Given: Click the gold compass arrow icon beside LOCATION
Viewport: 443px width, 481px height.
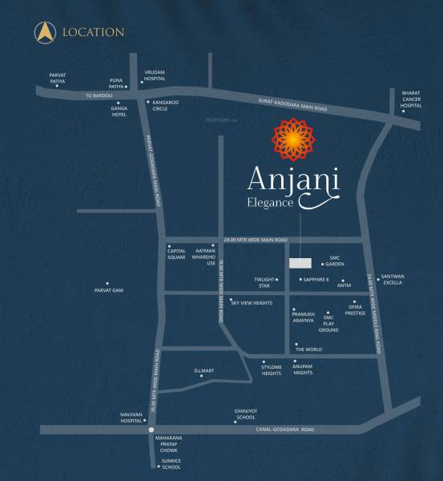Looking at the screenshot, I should click(x=43, y=32).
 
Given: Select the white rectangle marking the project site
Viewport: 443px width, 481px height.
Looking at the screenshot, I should click(x=299, y=263).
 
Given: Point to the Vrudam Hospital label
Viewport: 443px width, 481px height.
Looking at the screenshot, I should click(x=154, y=75).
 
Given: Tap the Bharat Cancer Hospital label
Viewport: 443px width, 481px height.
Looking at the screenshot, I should click(x=410, y=99).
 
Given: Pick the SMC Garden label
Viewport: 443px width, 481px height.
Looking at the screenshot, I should click(x=335, y=261).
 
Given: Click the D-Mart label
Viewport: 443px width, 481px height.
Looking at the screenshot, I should click(x=203, y=370).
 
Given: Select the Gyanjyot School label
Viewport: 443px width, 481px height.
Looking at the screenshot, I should click(x=244, y=414).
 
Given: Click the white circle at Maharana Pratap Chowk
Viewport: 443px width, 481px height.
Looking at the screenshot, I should click(x=151, y=430).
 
